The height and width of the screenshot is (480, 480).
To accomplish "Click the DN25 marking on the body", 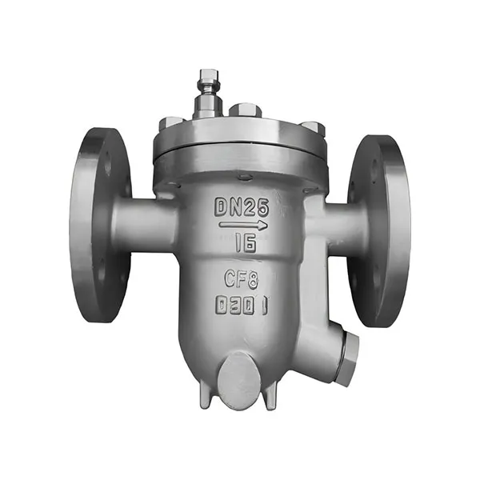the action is coord(242,208).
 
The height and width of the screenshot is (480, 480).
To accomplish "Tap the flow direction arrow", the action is coord(243,226).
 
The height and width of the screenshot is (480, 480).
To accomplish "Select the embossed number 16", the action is coord(246,244).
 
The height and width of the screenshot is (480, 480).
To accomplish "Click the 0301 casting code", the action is coord(242,306).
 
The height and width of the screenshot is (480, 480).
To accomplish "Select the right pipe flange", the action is coord(378,231).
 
